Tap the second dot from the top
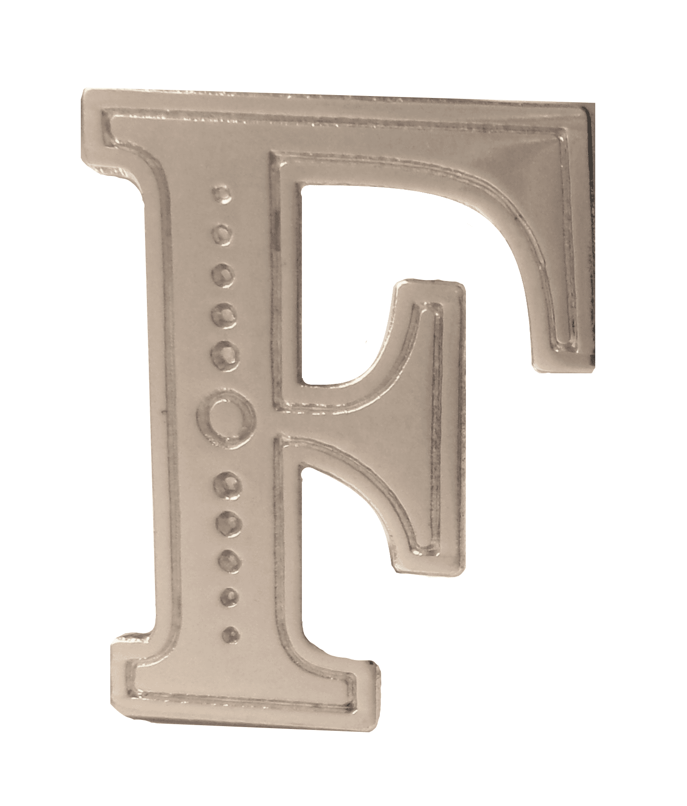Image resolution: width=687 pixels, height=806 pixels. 221,233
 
